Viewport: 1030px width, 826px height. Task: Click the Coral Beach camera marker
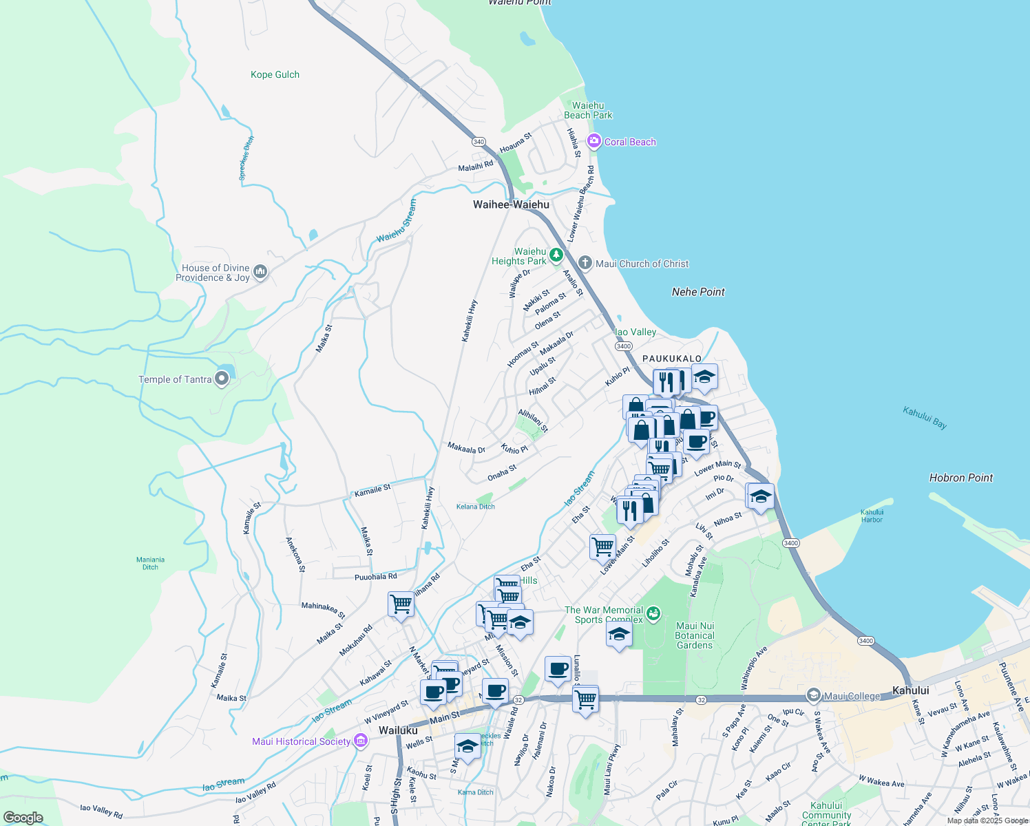coord(593,141)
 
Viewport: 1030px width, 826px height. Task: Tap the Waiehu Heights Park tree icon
coord(556,255)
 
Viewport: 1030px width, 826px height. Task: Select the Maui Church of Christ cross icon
coord(585,263)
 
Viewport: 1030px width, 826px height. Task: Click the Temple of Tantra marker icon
coord(221,379)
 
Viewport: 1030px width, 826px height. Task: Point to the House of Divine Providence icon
coord(260,273)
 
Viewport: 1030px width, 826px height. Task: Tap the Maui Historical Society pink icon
coord(360,741)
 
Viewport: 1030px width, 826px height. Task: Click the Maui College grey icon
coord(814,695)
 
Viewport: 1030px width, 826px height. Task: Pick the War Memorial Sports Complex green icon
coord(653,612)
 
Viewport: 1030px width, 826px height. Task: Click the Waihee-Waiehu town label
coord(511,204)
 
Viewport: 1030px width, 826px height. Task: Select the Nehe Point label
coord(698,292)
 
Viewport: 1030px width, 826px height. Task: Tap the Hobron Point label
coord(960,478)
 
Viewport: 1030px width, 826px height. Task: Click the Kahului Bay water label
coord(925,417)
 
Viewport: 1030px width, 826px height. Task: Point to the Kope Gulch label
coord(275,74)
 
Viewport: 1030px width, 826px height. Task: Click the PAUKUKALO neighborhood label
coord(671,359)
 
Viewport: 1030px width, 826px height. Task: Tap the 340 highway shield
coord(479,142)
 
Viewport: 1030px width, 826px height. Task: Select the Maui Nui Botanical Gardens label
coord(695,636)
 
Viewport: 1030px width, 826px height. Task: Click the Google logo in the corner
coord(23,818)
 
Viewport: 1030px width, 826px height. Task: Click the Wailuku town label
coord(398,730)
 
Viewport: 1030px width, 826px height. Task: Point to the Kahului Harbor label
coord(872,516)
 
